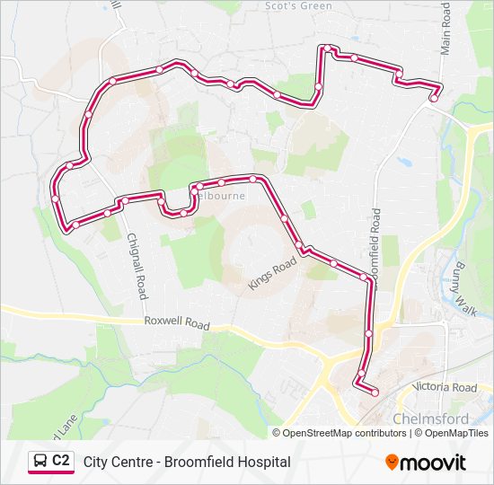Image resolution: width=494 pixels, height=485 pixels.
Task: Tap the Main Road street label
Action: [445, 28]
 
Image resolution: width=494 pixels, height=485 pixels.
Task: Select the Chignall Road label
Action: [137, 266]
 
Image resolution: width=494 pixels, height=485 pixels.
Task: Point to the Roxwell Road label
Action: [177, 323]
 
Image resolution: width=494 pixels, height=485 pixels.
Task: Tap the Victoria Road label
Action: [444, 387]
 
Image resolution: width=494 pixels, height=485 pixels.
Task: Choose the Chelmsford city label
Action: [430, 419]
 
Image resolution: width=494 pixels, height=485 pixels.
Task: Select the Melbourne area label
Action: [219, 195]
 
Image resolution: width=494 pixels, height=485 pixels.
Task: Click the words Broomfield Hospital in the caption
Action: [226, 462]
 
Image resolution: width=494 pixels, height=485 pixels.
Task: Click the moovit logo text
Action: [433, 463]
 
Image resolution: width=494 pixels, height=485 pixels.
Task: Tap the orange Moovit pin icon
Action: [392, 462]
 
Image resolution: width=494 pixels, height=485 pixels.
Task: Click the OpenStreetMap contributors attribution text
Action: [344, 433]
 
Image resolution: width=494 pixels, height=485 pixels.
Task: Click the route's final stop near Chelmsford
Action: [375, 392]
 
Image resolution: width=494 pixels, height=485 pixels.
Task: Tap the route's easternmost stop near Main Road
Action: [434, 98]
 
